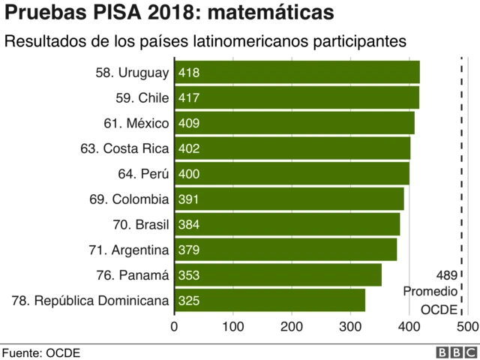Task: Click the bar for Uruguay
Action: (297, 73)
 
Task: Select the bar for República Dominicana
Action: (269, 300)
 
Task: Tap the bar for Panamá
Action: (277, 275)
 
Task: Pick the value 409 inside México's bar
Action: (189, 123)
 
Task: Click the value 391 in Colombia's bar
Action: (189, 199)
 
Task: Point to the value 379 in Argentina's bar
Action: (189, 250)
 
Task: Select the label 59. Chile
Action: (142, 98)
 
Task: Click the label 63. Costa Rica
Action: (124, 148)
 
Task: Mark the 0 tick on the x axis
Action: (175, 326)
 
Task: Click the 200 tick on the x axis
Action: (292, 326)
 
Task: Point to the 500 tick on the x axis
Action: (466, 326)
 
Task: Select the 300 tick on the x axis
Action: (350, 326)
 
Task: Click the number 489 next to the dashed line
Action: (447, 274)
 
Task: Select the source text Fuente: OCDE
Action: (40, 352)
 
